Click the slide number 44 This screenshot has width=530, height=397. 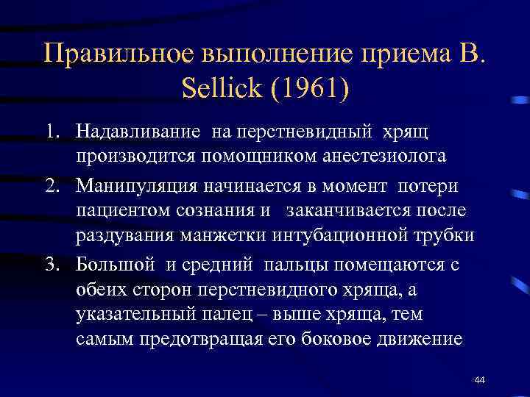click(479, 379)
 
